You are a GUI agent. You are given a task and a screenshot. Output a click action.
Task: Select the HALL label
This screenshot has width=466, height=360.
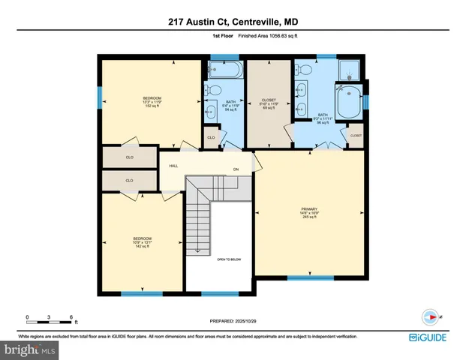click(x=173, y=166)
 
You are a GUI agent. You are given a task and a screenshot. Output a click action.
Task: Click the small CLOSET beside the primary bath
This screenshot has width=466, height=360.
click(x=355, y=136)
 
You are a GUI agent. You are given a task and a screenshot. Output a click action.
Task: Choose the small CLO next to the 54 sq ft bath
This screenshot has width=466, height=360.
click(x=211, y=138)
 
